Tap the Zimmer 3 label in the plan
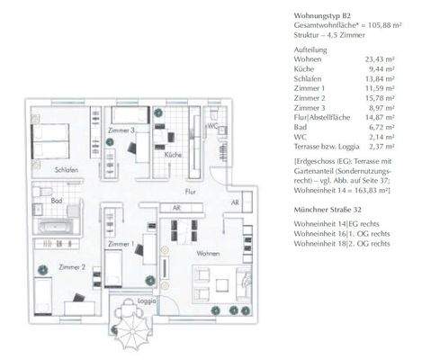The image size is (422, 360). (x=120, y=131)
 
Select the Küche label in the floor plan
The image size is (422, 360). (x=174, y=155)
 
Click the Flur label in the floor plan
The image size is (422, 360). (x=190, y=192)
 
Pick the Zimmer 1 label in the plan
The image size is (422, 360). (x=121, y=244)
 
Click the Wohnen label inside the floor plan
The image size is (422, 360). (x=209, y=253)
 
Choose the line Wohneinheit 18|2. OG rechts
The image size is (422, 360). (x=342, y=244)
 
